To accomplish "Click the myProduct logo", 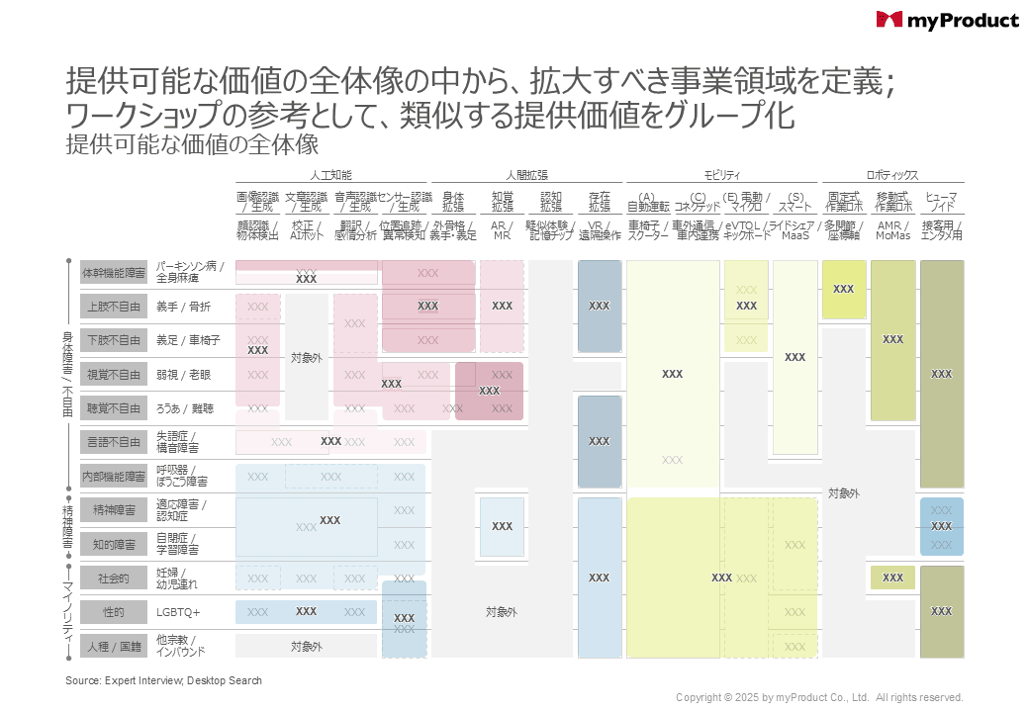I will (x=946, y=20).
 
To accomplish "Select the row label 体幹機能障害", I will (x=114, y=273).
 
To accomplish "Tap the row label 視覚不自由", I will (x=114, y=375).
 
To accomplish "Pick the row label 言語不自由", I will (x=114, y=442).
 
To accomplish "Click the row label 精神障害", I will (x=114, y=510).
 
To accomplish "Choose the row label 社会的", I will (x=114, y=578).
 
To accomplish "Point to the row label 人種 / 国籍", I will (x=114, y=646).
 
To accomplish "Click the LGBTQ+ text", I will (x=178, y=612).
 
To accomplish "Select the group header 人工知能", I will (x=330, y=175).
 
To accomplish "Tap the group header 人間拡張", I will (x=526, y=175).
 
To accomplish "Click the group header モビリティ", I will (x=719, y=175).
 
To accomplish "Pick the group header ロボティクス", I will (x=892, y=175).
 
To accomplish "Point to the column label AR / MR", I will (x=502, y=229).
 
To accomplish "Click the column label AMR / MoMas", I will (x=892, y=229).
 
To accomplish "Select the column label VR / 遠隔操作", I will (x=600, y=229).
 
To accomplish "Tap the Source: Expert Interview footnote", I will (x=163, y=680).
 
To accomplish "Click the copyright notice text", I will (x=819, y=697).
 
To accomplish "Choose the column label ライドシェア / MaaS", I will (x=795, y=229).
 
